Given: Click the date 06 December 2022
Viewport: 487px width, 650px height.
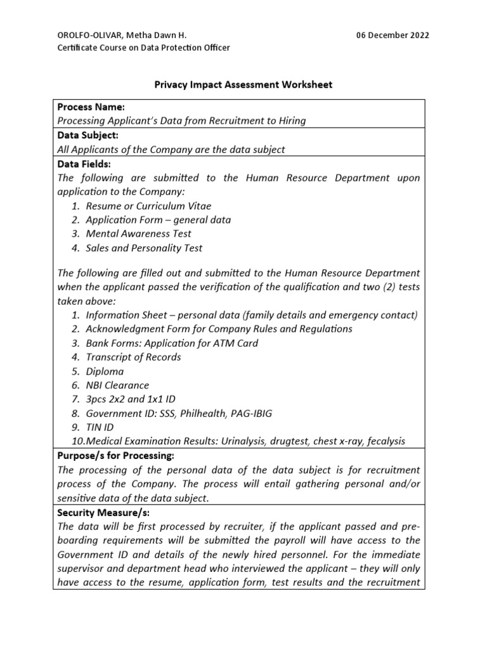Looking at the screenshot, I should coord(393,35).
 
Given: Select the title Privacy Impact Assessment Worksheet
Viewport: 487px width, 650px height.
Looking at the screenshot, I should coord(243,84).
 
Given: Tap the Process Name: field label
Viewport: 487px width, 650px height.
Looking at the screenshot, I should coord(91,107).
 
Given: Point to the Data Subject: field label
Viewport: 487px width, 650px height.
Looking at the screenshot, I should coord(88,135).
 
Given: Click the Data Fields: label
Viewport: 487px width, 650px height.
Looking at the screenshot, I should coord(84,164).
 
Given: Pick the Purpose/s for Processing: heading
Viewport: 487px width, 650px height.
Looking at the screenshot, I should coord(115,456).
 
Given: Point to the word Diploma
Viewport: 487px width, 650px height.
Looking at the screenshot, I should coord(105,371).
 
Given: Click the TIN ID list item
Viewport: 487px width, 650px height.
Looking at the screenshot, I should coord(100,428).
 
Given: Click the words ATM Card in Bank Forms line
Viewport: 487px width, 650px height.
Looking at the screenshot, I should coord(237,343).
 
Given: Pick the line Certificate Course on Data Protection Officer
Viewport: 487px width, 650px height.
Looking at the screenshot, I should coord(144,48).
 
